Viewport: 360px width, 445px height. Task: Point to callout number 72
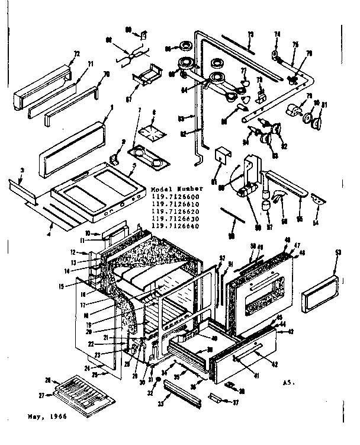76,54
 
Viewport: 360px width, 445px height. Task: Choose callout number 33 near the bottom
159,404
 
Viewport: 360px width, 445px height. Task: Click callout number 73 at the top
250,34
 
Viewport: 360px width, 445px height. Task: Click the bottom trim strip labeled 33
182,395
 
